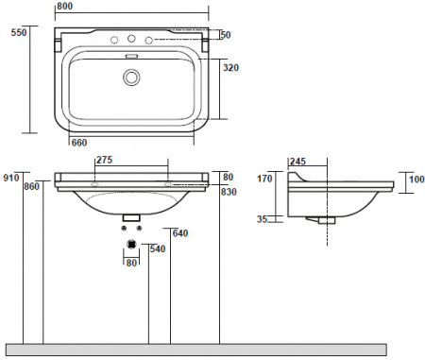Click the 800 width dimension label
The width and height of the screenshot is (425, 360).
pyautogui.click(x=65, y=6)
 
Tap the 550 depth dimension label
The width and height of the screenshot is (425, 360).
pyautogui.click(x=19, y=32)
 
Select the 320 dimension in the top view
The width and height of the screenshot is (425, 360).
pyautogui.click(x=230, y=68)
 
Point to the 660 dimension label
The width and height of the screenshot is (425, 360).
pyautogui.click(x=79, y=143)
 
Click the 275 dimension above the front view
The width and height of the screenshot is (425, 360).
pyautogui.click(x=104, y=160)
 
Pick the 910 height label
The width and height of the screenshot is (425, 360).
pyautogui.click(x=11, y=178)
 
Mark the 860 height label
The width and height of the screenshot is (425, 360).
pyautogui.click(x=32, y=186)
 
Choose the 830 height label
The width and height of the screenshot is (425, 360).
pyautogui.click(x=229, y=192)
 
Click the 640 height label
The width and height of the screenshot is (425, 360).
pyautogui.click(x=180, y=233)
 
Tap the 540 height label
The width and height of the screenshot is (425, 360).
pyautogui.click(x=158, y=249)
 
